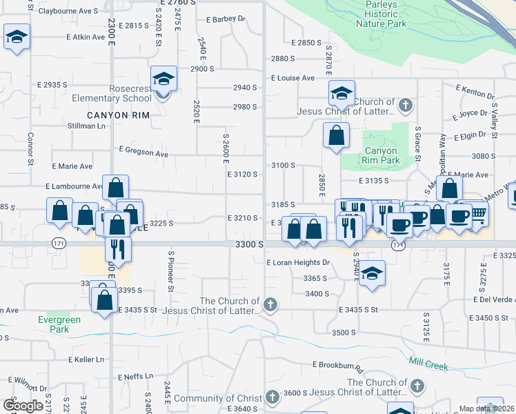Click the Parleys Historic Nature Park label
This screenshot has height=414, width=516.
click(x=381, y=13)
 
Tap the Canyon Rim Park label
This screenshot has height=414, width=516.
click(x=381, y=155)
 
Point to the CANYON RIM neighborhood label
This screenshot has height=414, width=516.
click(x=118, y=115)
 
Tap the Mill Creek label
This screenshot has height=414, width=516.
click(x=428, y=366)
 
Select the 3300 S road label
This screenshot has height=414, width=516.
click(x=250, y=245)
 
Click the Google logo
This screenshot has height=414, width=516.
click(x=23, y=406)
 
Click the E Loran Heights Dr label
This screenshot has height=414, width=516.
click(x=298, y=263)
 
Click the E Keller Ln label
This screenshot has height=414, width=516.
click(x=86, y=359)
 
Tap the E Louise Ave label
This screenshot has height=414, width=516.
click(x=292, y=78)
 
